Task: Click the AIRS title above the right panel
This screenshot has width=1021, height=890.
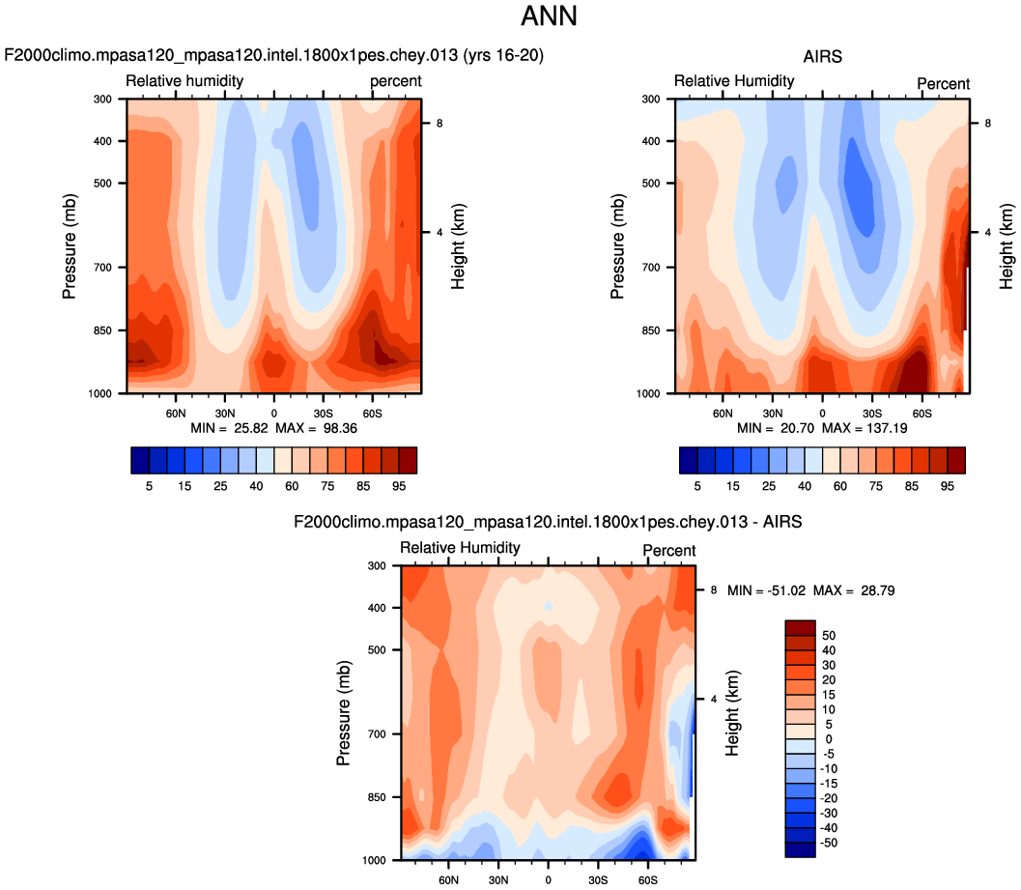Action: coord(822,57)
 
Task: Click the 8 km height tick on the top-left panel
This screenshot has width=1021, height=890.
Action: coord(439,123)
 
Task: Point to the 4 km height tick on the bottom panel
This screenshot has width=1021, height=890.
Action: coord(712,698)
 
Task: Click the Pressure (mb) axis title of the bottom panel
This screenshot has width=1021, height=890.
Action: coord(343,712)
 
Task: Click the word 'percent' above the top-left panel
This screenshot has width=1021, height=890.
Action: coord(396,81)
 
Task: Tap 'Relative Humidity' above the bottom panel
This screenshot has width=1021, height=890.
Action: coord(460,548)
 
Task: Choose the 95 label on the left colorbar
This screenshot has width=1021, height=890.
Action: coord(407,485)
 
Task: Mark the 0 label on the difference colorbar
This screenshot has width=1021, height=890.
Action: coord(828,738)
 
